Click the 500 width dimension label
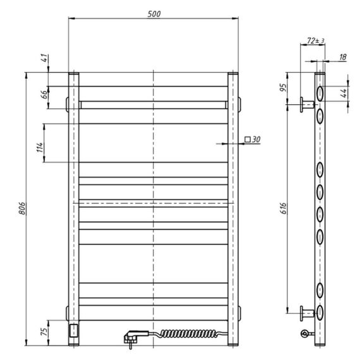point(154,14)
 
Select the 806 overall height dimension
point(22,208)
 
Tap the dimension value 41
point(45,58)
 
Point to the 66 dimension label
point(45,94)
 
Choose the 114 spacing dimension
point(40,147)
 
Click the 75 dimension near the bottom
point(45,332)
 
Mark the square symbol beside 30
point(248,140)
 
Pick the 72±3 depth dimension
point(316,40)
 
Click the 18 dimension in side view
point(342,57)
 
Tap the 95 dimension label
point(284,88)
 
